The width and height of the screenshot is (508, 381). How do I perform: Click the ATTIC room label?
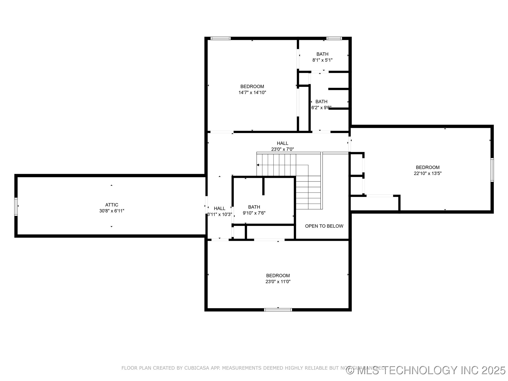[x=112, y=205]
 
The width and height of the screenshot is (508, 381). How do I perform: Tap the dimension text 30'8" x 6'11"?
[x=112, y=211]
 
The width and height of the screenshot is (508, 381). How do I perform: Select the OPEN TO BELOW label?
[x=324, y=226]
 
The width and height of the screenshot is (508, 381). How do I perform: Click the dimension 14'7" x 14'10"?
[x=252, y=93]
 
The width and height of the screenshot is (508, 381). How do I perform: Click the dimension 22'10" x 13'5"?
[x=428, y=174]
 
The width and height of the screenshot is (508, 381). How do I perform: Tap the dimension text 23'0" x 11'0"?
[x=278, y=282]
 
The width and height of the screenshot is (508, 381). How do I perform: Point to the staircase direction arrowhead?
[x=258, y=165]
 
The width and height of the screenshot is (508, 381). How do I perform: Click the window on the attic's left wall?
[x=16, y=206]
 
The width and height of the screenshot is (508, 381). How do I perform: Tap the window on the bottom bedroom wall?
[x=278, y=310]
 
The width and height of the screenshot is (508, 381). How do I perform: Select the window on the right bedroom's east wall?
[x=492, y=170]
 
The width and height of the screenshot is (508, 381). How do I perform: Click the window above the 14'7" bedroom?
[x=220, y=38]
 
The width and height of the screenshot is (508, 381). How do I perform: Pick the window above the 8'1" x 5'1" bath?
[x=334, y=38]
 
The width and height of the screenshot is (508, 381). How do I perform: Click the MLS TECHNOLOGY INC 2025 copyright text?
[x=426, y=370]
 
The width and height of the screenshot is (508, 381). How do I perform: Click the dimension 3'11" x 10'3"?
[x=220, y=215]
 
